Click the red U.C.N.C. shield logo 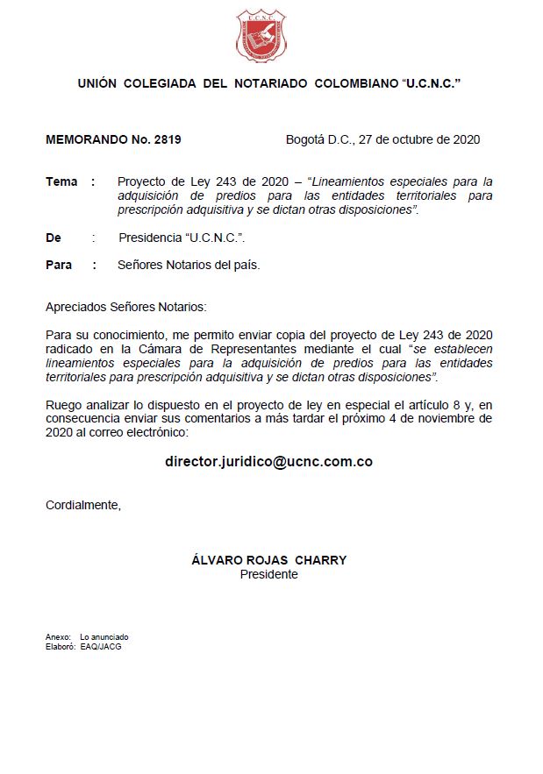(x=261, y=36)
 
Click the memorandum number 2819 (x=167, y=139)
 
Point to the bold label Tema (x=61, y=181)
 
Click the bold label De (x=54, y=238)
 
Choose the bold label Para (x=59, y=265)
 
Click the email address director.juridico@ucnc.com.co (x=268, y=461)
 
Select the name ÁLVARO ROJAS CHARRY (x=268, y=560)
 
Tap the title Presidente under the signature (x=268, y=574)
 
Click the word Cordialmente (x=82, y=505)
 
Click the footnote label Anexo (x=57, y=636)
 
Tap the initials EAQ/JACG (x=101, y=645)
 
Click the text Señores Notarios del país (x=189, y=265)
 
